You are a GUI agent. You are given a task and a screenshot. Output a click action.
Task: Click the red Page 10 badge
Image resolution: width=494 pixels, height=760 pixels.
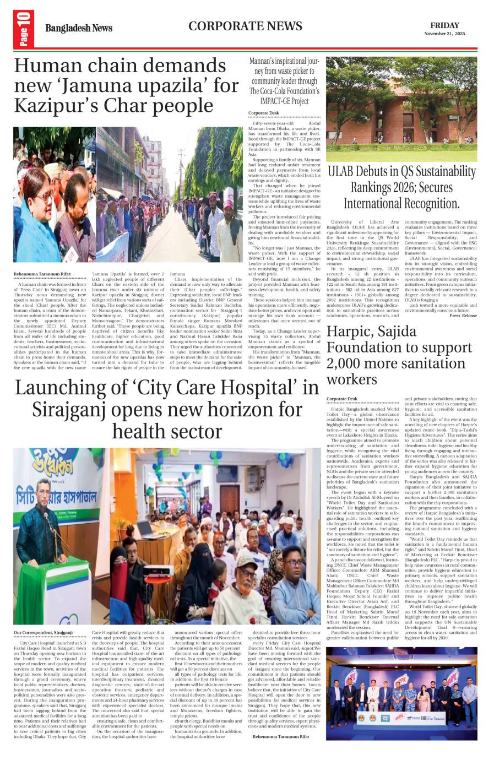pyautogui.click(x=24, y=29)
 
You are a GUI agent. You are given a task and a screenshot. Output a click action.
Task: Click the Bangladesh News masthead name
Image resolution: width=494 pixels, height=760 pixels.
pyautogui.click(x=79, y=28)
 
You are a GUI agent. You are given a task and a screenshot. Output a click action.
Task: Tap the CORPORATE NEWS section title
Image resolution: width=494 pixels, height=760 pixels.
pyautogui.click(x=245, y=26)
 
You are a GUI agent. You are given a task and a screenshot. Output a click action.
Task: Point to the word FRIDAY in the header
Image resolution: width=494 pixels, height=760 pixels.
pyautogui.click(x=444, y=25)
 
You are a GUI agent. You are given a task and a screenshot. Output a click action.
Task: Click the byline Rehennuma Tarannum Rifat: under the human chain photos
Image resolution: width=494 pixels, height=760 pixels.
pyautogui.click(x=42, y=274)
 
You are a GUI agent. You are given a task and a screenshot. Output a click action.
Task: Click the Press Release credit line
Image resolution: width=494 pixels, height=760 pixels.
pyautogui.click(x=463, y=316)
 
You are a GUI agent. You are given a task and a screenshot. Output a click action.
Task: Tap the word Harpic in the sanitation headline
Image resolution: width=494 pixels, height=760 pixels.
pyautogui.click(x=351, y=332)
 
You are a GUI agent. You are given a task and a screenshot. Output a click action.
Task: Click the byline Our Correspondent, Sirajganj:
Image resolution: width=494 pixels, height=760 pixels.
pyautogui.click(x=43, y=633)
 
